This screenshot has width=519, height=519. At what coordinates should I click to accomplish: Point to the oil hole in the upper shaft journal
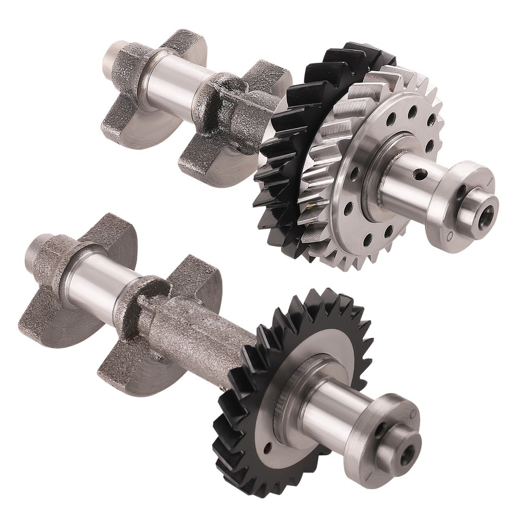(418, 175)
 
